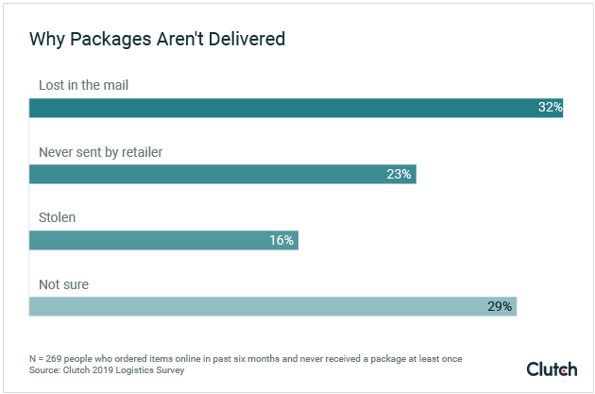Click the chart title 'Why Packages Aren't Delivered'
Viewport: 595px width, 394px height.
(x=157, y=39)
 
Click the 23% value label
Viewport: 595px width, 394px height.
(x=399, y=174)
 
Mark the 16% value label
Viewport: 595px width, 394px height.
(x=281, y=240)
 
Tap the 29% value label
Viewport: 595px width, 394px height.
(x=500, y=306)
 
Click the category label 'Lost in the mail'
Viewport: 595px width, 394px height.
(x=83, y=85)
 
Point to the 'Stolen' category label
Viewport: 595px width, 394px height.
(x=57, y=217)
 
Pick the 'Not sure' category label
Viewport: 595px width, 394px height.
(x=63, y=283)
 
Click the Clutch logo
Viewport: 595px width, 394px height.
(x=552, y=368)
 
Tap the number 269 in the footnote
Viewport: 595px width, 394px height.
(x=58, y=359)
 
